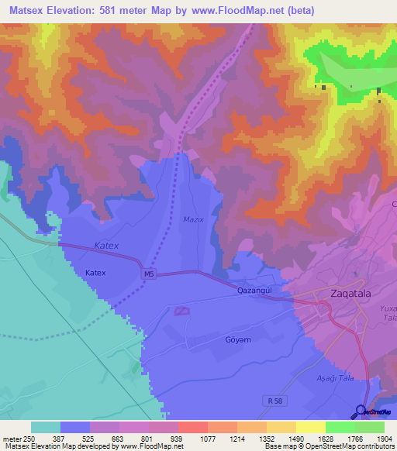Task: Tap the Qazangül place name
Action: (x=256, y=290)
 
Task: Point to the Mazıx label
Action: (x=192, y=219)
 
